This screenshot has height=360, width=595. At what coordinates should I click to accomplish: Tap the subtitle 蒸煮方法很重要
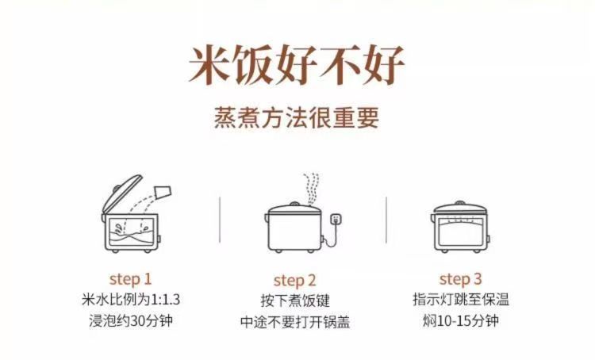pos(297,117)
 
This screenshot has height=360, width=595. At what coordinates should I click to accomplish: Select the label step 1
pos(131,280)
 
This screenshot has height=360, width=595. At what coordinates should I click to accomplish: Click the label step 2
pos(295,281)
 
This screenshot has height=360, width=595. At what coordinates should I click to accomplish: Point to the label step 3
pos(460,280)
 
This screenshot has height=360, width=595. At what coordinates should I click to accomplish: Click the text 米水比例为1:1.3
pos(131,300)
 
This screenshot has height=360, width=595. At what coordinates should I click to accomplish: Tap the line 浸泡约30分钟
pos(131,321)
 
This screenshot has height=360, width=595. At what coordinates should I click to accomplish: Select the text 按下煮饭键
pos(295,301)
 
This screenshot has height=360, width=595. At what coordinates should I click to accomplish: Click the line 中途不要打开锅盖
pos(295,322)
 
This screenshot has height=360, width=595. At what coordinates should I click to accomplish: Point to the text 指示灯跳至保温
pos(461,299)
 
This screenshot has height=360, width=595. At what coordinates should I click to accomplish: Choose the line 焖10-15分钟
pos(461,321)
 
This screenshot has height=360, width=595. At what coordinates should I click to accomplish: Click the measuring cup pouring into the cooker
pos(163,192)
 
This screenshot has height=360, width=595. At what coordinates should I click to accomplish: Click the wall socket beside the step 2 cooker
pos(335,220)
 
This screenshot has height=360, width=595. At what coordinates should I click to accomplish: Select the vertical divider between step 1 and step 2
pos(220,220)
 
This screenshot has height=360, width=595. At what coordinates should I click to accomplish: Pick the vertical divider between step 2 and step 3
pos(386,220)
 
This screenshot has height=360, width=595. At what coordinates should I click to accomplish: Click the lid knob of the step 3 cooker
pos(460,204)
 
